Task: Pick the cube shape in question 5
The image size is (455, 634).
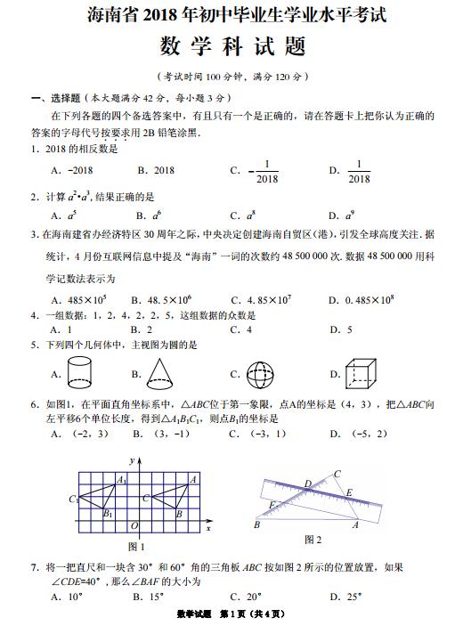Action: [362, 373]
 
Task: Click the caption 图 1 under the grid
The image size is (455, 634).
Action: [136, 546]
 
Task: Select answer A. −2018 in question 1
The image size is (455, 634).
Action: [71, 170]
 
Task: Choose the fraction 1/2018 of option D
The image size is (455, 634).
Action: [359, 171]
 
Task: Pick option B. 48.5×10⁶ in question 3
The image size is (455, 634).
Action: [162, 300]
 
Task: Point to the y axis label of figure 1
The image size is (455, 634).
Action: [131, 460]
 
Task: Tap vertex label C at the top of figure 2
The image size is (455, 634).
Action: [337, 474]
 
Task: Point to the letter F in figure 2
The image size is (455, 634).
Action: [271, 504]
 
